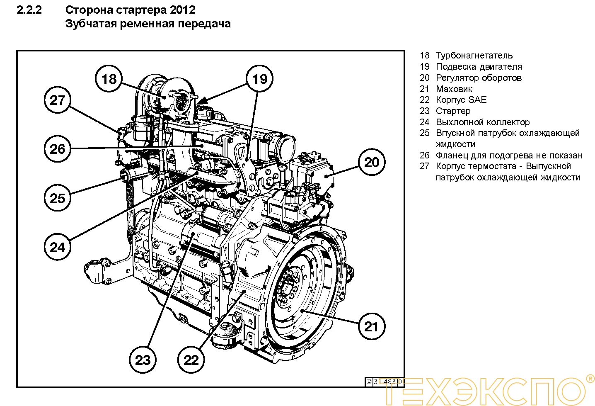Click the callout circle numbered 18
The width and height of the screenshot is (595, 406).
(109, 79)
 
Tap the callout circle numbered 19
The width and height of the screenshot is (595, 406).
(260, 79)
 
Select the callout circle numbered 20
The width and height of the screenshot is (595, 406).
(372, 162)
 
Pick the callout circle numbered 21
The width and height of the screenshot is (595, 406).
(372, 326)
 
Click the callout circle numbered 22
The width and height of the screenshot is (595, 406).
(191, 360)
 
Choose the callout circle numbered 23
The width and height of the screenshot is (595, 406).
(143, 360)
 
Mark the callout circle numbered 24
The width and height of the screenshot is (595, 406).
(58, 247)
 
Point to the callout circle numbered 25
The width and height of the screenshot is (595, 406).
(58, 198)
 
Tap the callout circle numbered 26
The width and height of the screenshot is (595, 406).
(58, 149)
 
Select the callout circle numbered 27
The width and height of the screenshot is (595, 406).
(58, 100)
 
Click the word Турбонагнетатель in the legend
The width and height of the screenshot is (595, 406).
(474, 56)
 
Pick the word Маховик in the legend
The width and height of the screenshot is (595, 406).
(454, 89)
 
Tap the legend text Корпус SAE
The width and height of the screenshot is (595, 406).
(461, 100)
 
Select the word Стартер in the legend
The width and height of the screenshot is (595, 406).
(453, 111)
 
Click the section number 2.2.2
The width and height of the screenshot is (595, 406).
(29, 10)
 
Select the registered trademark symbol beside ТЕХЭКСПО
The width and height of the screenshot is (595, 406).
(590, 378)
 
